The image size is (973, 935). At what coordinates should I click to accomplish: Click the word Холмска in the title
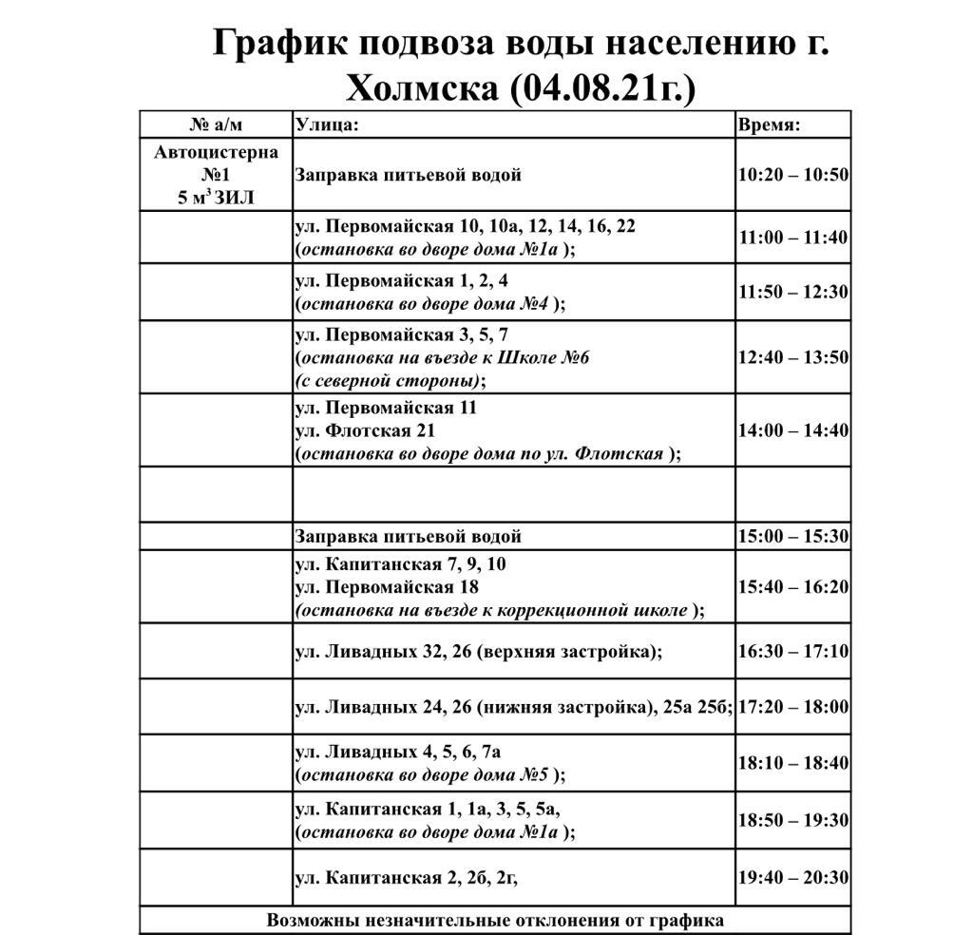click(422, 88)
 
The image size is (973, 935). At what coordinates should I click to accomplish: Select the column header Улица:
click(327, 124)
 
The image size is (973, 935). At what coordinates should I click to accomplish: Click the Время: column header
click(769, 124)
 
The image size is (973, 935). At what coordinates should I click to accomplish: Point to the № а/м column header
click(216, 124)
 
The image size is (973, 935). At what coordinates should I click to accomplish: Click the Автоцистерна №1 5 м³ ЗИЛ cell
click(216, 175)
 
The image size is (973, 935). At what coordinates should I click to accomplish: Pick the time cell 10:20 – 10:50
click(793, 175)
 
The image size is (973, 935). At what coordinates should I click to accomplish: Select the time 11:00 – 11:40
click(793, 238)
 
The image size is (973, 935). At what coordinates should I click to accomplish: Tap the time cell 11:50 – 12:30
click(793, 292)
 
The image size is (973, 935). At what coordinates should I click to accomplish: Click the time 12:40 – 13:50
click(793, 357)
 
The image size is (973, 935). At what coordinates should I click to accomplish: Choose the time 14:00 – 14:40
click(793, 429)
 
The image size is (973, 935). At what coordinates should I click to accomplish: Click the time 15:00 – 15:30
click(793, 536)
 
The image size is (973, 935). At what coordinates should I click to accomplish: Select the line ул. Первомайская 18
click(388, 587)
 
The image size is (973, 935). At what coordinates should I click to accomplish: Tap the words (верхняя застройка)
click(566, 652)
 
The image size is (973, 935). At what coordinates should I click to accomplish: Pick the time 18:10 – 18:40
click(793, 763)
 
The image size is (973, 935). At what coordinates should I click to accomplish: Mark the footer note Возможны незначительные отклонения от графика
click(495, 920)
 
